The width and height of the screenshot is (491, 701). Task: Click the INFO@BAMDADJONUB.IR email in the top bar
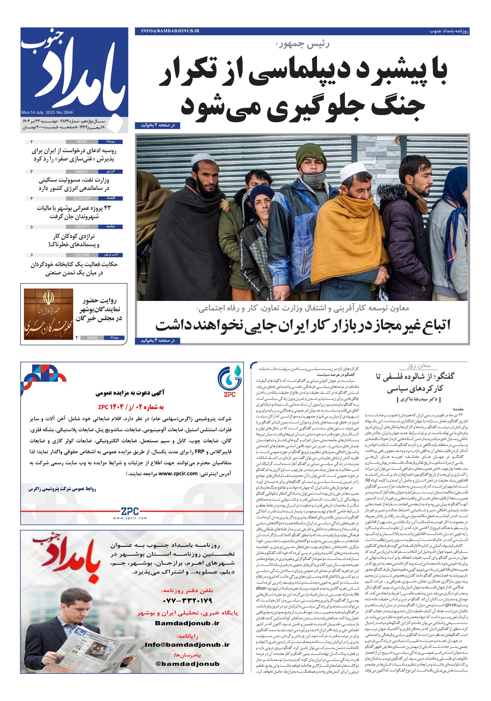[x=170, y=31]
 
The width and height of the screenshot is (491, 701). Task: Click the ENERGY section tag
[x=82, y=172]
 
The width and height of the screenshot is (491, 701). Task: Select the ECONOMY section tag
[x=82, y=199]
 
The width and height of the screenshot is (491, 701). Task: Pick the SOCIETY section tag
[x=82, y=227]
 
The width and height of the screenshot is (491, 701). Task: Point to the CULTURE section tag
[x=82, y=255]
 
